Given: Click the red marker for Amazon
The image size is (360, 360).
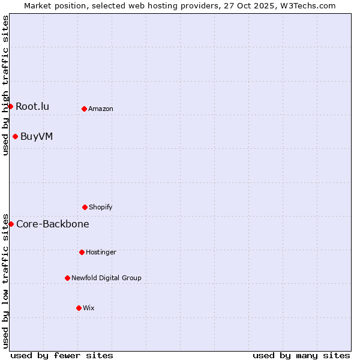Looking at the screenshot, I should click(x=84, y=109).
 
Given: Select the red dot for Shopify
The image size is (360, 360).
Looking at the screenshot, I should click(x=85, y=207).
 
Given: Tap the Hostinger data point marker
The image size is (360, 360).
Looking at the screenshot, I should click(x=82, y=252).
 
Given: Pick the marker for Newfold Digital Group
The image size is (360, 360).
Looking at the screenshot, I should click(x=67, y=278).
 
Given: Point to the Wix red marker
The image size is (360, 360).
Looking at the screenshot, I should click(x=79, y=308).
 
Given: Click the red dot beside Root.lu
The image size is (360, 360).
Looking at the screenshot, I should click(x=10, y=106).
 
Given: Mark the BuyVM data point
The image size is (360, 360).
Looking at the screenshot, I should click(x=15, y=136).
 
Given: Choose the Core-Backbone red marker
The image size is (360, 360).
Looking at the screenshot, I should click(x=11, y=224).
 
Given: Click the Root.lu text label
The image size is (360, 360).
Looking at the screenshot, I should click(x=32, y=107).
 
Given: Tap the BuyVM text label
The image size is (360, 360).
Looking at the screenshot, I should click(x=37, y=137).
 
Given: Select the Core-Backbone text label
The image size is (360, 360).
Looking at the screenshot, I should click(x=53, y=224).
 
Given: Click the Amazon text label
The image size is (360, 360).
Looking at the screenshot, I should click(x=101, y=109).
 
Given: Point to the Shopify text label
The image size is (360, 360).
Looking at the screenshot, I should click(x=101, y=208).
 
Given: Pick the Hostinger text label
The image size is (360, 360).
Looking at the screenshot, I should click(x=101, y=253).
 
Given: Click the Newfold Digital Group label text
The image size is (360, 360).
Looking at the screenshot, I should click(x=106, y=278).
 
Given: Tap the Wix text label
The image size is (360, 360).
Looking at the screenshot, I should click(x=89, y=308).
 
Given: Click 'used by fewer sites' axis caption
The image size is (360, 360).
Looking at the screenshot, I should click(x=62, y=355).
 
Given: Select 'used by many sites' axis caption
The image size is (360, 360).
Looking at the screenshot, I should click(x=301, y=355).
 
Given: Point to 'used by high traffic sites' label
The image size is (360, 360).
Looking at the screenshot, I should click(x=5, y=85).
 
